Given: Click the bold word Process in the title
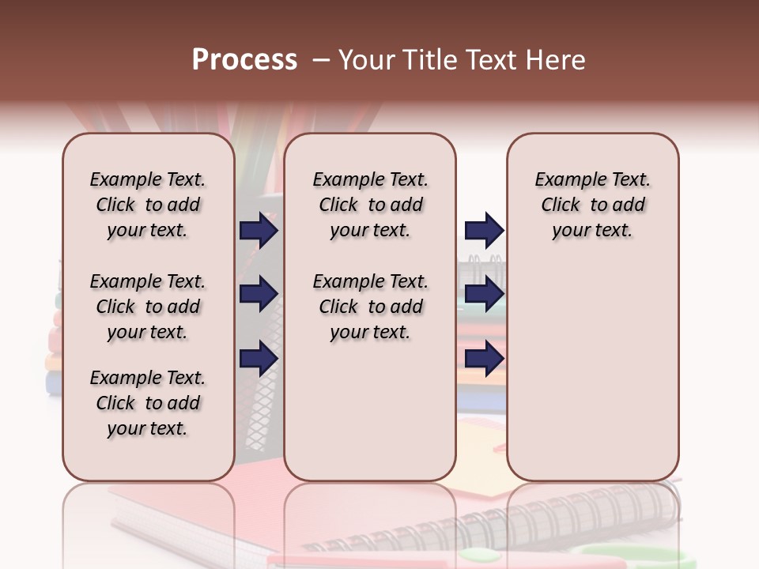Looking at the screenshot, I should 244,60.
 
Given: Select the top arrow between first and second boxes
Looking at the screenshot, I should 259,231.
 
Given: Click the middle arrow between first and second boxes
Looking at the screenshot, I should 259,295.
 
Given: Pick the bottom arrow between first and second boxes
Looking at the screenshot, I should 259,359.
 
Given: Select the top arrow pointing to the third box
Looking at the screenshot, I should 484,231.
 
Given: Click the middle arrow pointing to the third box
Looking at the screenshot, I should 484,295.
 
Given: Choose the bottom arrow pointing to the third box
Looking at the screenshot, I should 484,359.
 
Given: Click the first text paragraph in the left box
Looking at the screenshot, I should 148,205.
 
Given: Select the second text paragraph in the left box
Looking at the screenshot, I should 148,307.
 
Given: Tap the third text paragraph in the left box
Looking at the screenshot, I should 148,403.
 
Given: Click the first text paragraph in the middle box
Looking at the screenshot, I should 370,205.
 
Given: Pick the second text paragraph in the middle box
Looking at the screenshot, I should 370,307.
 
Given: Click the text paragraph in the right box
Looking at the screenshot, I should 592,205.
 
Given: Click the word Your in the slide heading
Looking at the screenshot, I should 366,60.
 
